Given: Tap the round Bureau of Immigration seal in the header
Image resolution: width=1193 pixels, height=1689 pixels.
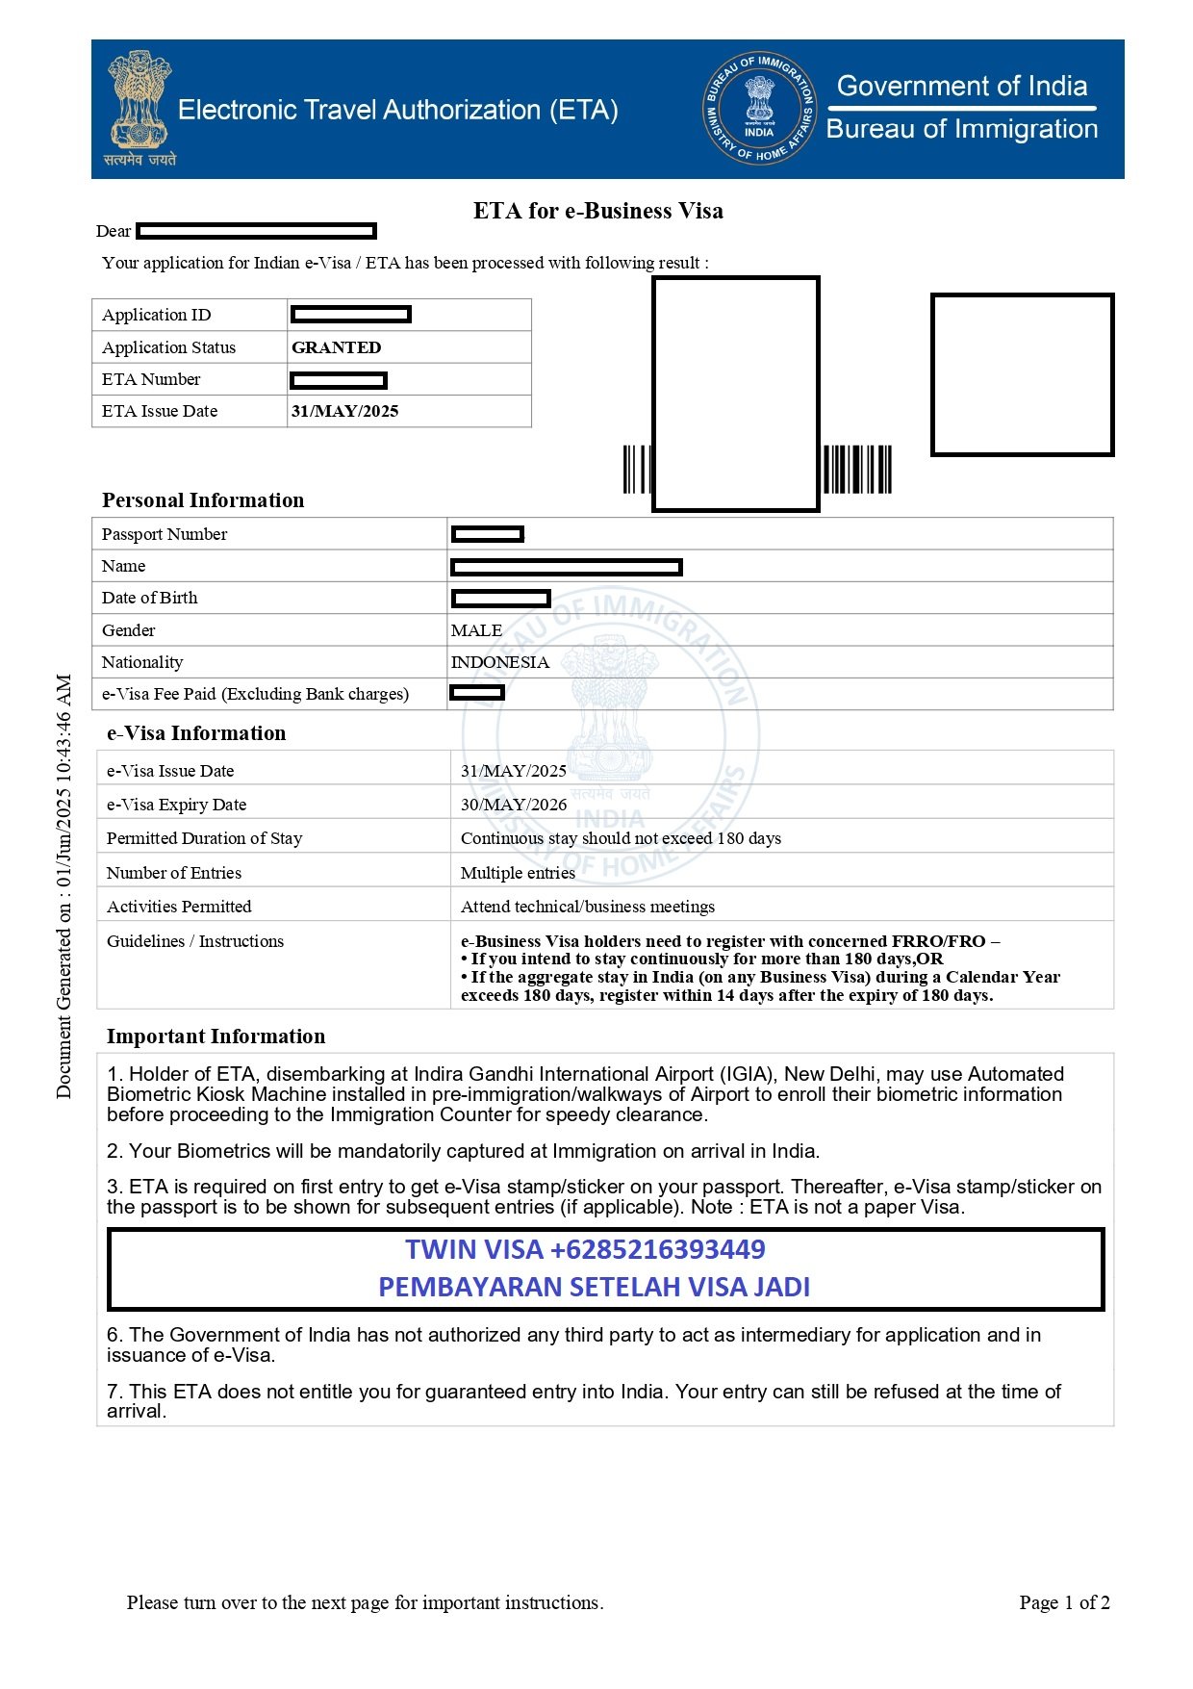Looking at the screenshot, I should point(759,109).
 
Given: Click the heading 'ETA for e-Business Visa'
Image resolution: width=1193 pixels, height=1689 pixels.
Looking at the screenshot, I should point(597,211).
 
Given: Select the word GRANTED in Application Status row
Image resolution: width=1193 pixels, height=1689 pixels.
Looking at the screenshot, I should point(336,347).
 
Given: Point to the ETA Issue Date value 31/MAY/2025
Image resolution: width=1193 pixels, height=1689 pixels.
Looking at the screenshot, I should point(344,411).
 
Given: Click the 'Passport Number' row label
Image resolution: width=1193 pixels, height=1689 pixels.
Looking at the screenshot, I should point(165,534).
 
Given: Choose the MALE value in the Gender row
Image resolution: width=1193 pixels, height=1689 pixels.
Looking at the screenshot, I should point(476,630).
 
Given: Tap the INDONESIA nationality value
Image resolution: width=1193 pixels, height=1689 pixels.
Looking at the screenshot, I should point(500,662).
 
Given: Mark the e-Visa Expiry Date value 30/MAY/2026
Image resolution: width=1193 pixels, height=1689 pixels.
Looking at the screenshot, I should point(514,805).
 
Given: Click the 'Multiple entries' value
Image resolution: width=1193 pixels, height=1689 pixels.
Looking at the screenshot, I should point(518,873).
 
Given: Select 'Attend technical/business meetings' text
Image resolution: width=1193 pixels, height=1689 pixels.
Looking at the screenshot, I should point(588,907).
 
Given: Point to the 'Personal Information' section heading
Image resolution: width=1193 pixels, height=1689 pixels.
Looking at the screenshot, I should point(203,500).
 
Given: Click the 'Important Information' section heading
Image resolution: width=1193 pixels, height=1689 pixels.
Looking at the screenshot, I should point(216,1036).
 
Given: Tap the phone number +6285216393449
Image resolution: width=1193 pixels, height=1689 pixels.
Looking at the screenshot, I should point(657,1249).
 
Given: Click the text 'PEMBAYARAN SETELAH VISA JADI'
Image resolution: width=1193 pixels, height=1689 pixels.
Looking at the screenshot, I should point(594,1287).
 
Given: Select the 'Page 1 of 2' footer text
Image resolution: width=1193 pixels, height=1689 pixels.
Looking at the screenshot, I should point(1064,1602).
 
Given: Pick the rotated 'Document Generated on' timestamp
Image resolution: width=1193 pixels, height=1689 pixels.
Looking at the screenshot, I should point(63,885).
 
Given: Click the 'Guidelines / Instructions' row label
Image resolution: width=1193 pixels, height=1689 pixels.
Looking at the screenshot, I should point(195,941).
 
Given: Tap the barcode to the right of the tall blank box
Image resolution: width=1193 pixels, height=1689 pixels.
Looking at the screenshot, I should point(856,470).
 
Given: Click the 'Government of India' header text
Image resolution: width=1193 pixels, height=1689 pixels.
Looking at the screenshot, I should point(962,87).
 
